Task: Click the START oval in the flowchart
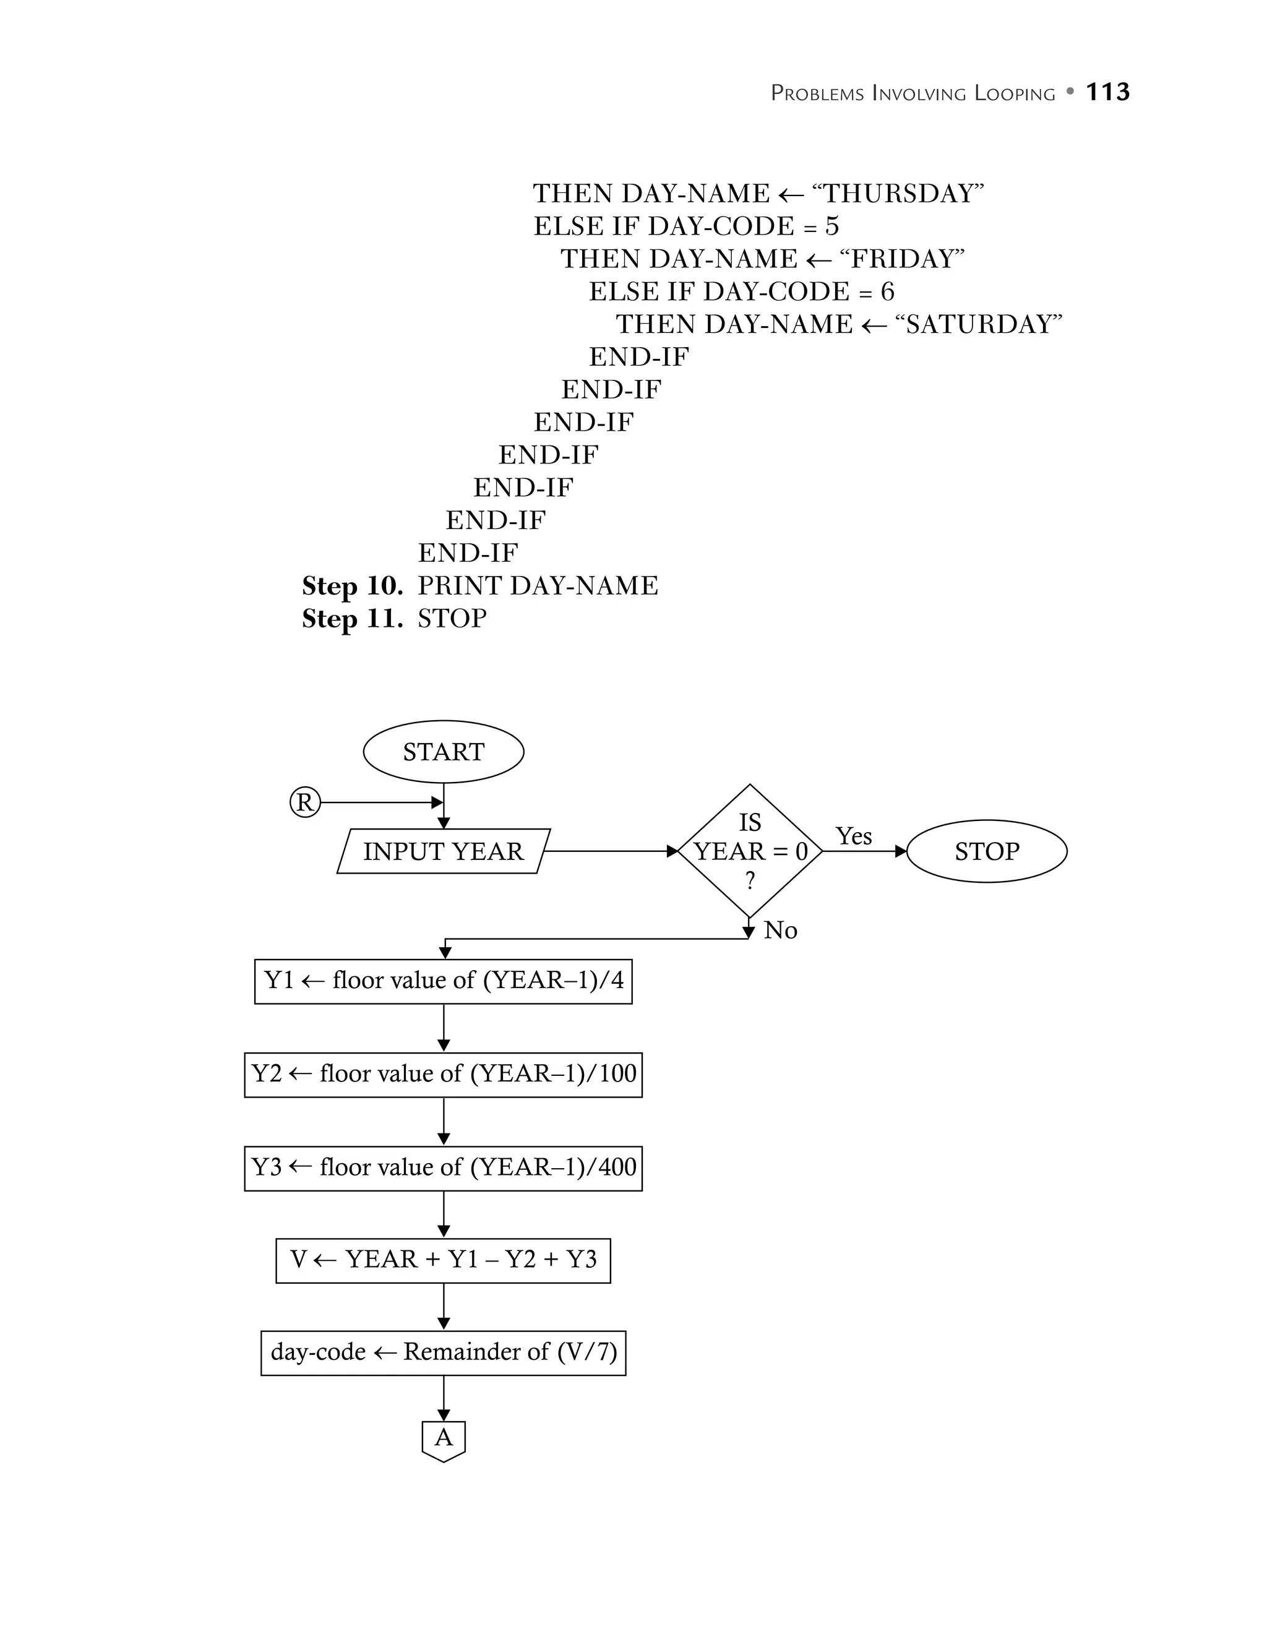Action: [443, 751]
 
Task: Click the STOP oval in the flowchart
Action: [986, 851]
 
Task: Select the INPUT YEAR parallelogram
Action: [443, 851]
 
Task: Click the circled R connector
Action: [304, 802]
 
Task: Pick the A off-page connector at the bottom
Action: [443, 1439]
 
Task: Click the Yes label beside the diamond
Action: [853, 836]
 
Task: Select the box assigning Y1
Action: [443, 981]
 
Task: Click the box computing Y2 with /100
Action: [443, 1074]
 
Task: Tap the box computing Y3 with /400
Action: [443, 1167]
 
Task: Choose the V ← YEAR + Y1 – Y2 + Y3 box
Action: [443, 1260]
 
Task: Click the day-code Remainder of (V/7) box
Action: [443, 1352]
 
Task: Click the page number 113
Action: [1107, 92]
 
